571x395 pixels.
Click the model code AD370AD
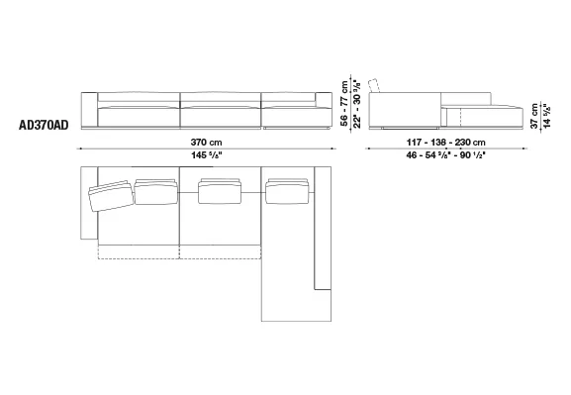tap(44, 125)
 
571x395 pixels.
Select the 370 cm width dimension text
tap(206, 143)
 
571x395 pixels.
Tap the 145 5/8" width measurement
tap(207, 155)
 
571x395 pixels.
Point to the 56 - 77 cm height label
tap(344, 104)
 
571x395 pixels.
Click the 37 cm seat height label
tap(534, 116)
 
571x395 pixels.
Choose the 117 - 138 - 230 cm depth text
tap(445, 143)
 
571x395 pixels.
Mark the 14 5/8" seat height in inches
tap(547, 116)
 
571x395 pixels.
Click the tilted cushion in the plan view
tap(111, 196)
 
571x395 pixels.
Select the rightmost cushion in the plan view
tap(288, 191)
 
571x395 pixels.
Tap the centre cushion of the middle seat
tap(220, 191)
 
